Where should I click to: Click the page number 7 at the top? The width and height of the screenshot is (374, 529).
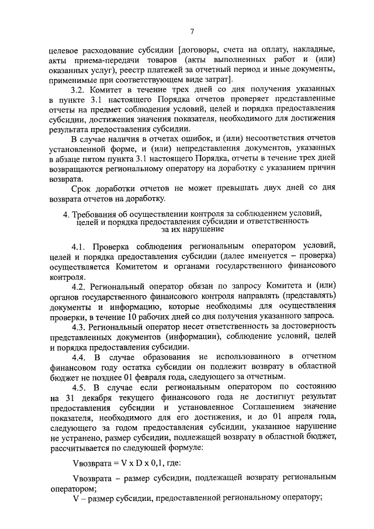coord(191,31)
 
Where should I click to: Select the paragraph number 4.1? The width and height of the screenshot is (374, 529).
coord(81,245)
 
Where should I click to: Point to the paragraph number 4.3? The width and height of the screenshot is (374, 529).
coord(81,326)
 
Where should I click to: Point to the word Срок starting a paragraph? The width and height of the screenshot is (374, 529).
coord(82,189)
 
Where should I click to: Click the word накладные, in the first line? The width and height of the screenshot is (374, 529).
coord(312,48)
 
